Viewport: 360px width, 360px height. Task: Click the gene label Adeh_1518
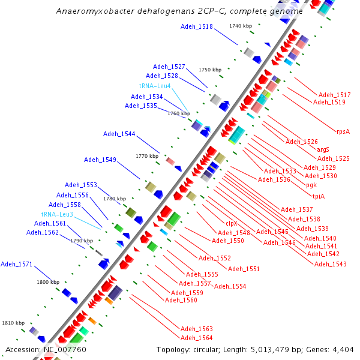click(197, 27)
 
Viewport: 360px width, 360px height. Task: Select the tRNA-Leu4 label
click(155, 86)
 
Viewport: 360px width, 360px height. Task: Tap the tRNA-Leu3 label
click(57, 214)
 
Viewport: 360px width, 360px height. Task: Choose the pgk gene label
click(311, 185)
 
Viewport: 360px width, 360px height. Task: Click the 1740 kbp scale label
click(240, 26)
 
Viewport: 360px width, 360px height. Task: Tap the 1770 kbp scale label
click(146, 156)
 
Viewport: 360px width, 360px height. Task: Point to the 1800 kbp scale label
click(48, 281)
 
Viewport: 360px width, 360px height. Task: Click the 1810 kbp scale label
click(13, 323)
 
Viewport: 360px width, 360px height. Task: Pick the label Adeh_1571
click(17, 264)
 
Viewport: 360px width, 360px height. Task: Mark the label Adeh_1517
click(335, 95)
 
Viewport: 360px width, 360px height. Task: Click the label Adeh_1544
click(119, 134)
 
